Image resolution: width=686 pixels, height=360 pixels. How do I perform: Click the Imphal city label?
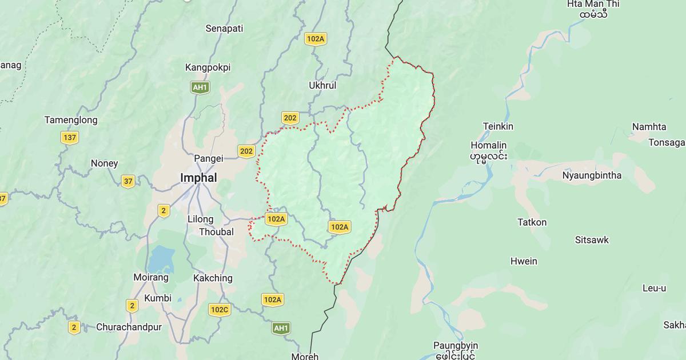pyautogui.click(x=198, y=178)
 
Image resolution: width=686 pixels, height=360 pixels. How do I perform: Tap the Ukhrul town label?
pyautogui.click(x=322, y=85)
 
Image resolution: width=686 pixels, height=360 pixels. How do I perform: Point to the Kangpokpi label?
pyautogui.click(x=208, y=67)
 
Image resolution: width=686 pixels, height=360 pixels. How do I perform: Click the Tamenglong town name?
pyautogui.click(x=71, y=120)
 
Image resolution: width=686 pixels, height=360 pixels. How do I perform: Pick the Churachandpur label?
pyautogui.click(x=129, y=327)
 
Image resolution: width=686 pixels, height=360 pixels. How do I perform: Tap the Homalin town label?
pyautogui.click(x=488, y=145)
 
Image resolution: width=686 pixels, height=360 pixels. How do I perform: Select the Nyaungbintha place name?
pyautogui.click(x=592, y=175)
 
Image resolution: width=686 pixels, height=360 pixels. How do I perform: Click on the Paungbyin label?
pyautogui.click(x=456, y=346)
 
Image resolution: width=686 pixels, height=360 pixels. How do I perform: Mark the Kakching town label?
pyautogui.click(x=213, y=278)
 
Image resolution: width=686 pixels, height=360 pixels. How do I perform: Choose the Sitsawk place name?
pyautogui.click(x=592, y=240)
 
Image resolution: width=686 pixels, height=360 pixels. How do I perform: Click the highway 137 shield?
pyautogui.click(x=70, y=138)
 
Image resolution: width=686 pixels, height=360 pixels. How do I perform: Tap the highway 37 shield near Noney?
pyautogui.click(x=128, y=182)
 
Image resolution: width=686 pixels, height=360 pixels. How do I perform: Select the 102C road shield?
pyautogui.click(x=220, y=310)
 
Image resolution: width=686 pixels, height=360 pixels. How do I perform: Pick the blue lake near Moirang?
pyautogui.click(x=161, y=259)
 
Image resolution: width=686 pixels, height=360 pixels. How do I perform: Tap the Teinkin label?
pyautogui.click(x=498, y=126)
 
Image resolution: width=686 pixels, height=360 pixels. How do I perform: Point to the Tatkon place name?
pyautogui.click(x=532, y=222)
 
